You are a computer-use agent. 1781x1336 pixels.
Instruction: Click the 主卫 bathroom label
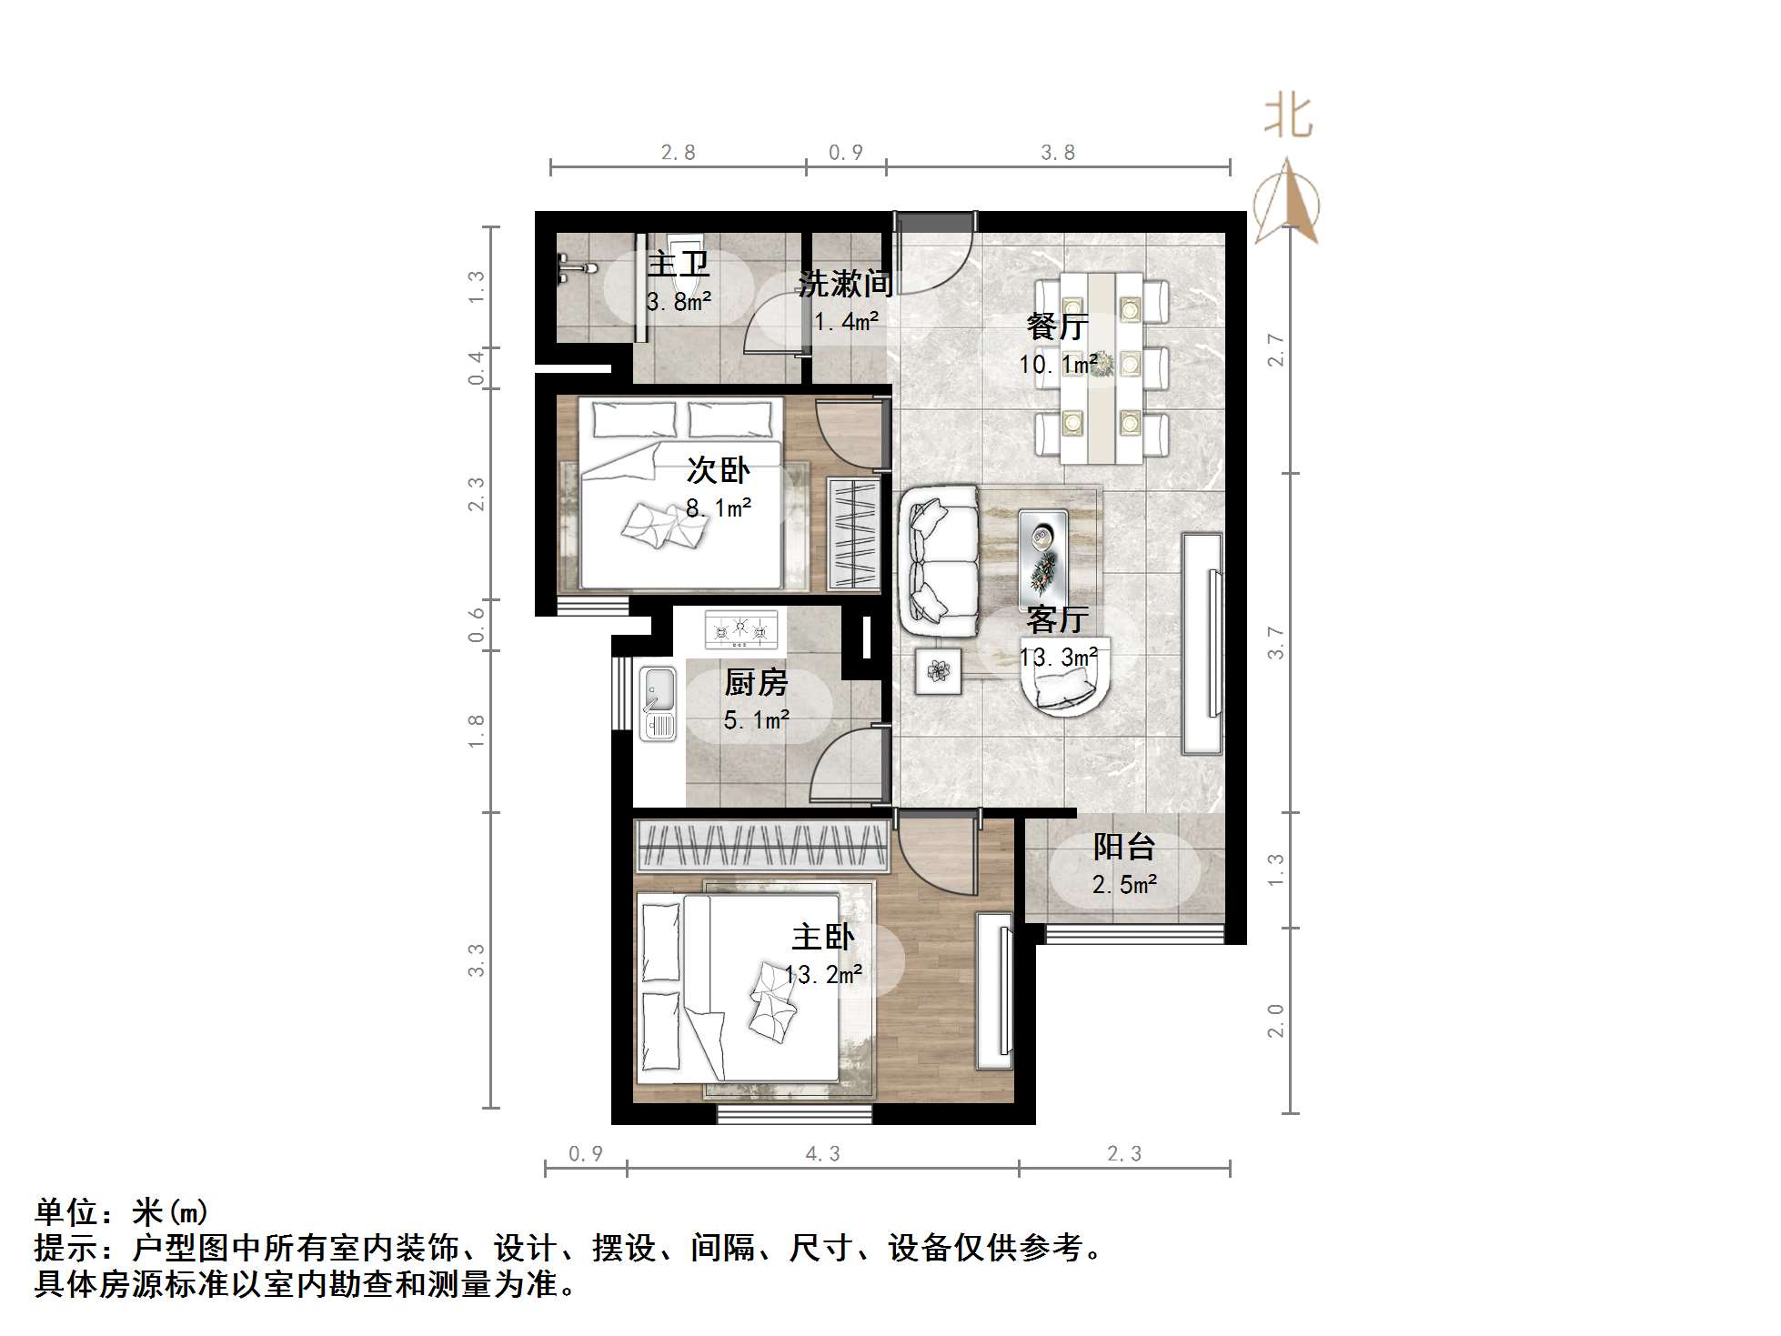[x=678, y=265]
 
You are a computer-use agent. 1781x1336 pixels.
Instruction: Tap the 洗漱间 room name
[x=845, y=284]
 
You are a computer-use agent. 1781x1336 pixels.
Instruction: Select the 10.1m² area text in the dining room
[x=1057, y=365]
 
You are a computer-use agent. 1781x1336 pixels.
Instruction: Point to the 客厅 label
[x=1057, y=620]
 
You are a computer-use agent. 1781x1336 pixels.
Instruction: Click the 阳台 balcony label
[x=1124, y=848]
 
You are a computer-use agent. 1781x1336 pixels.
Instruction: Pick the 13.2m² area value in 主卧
[x=823, y=975]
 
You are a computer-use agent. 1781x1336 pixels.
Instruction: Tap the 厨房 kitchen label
[x=756, y=683]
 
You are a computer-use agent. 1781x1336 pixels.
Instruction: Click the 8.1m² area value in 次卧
[x=718, y=507]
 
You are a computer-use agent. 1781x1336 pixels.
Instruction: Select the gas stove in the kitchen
[x=740, y=629]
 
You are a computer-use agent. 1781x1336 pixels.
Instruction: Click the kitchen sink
[x=657, y=703]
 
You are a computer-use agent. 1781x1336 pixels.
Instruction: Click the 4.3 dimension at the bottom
[x=822, y=1154]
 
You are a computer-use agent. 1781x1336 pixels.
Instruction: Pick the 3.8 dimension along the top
[x=1058, y=153]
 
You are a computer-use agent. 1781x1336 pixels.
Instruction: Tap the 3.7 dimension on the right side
[x=1276, y=643]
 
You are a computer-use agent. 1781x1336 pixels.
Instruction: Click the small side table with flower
[x=938, y=671]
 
